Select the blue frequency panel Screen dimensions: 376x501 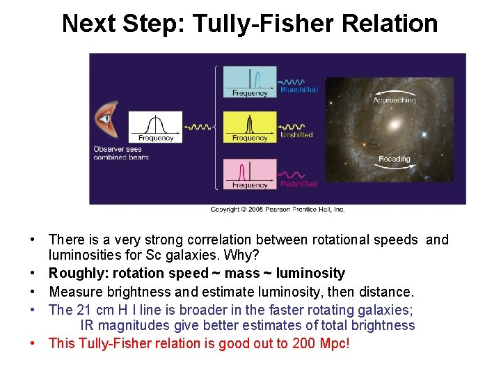250,81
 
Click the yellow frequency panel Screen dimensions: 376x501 250,127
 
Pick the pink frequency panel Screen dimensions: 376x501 250,173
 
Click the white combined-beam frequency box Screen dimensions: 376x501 155,127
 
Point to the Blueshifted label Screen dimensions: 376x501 299,90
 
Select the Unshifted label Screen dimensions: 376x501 296,135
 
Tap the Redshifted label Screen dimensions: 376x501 299,184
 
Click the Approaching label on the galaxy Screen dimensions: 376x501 394,100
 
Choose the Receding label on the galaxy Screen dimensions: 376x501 394,159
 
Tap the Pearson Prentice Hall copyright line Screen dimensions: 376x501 278,209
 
